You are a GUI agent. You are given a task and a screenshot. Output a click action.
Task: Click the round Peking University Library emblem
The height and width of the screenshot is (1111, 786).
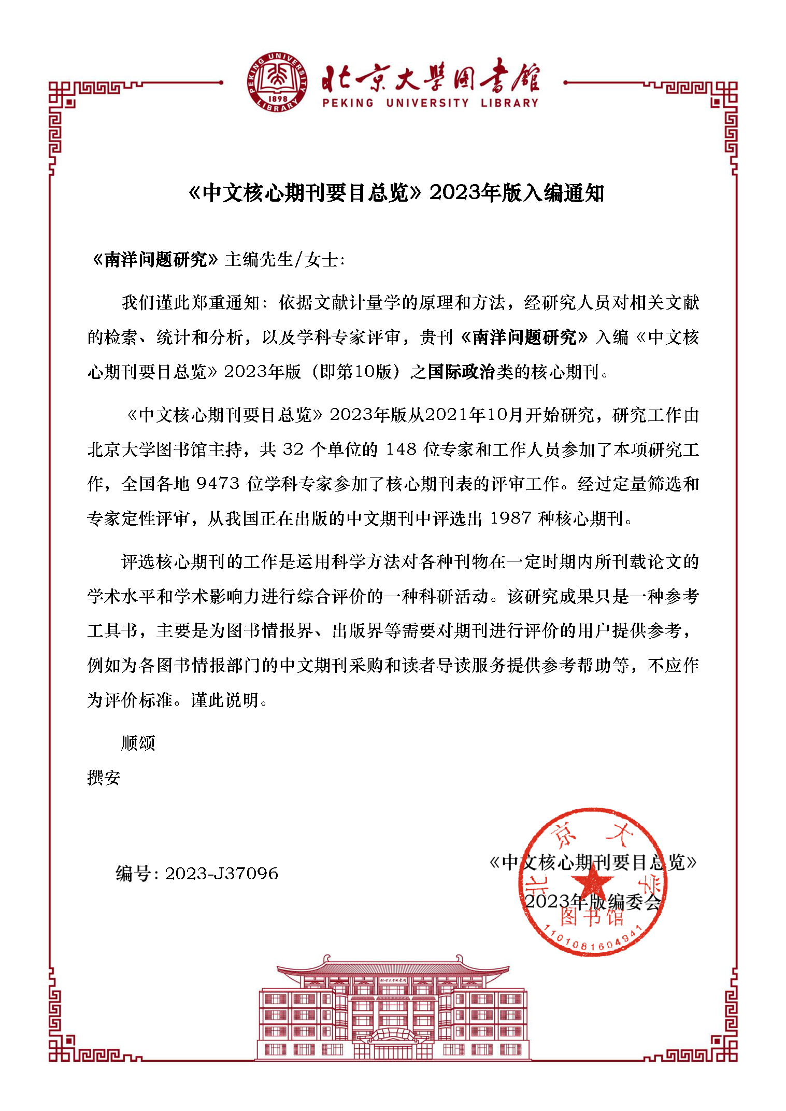point(277,82)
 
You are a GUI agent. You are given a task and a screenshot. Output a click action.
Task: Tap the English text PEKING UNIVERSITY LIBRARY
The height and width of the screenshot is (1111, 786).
point(430,103)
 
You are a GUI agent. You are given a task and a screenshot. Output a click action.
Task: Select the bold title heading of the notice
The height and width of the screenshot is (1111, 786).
point(396,193)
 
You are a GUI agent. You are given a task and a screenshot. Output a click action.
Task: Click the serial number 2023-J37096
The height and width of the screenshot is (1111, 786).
point(221,874)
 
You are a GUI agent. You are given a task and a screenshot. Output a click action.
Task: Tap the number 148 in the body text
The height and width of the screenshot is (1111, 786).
point(401,449)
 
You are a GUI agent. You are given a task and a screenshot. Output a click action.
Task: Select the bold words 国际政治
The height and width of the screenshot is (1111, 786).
point(461,372)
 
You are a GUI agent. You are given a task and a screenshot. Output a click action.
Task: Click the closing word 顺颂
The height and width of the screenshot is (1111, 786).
point(138,743)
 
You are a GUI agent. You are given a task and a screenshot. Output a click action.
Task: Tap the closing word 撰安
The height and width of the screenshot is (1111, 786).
point(104,778)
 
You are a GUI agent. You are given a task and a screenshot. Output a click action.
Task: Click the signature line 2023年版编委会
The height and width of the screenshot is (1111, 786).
point(592,902)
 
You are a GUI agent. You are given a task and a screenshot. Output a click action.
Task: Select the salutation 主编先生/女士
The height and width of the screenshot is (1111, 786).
point(284,259)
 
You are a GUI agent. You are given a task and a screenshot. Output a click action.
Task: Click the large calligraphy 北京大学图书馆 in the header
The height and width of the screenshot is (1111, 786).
point(430,78)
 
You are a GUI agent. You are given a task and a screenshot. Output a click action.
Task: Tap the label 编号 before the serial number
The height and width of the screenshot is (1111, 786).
point(133,874)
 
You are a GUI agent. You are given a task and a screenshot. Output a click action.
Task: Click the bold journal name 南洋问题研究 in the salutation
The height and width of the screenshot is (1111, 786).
point(155,259)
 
